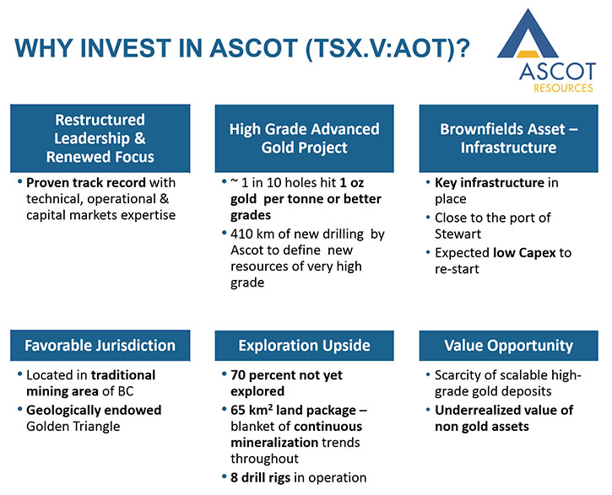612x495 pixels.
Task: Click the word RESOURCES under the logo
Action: pyautogui.click(x=563, y=88)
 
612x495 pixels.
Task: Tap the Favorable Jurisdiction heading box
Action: pyautogui.click(x=100, y=346)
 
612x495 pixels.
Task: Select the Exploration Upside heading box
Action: pyautogui.click(x=304, y=346)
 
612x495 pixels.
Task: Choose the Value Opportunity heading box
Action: pyautogui.click(x=508, y=346)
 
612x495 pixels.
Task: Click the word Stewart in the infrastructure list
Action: pyautogui.click(x=458, y=234)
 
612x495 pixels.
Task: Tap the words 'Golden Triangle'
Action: pyautogui.click(x=73, y=427)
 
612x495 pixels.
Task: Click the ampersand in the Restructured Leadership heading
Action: pyautogui.click(x=139, y=138)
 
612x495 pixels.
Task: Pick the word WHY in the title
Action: pyautogui.click(x=43, y=48)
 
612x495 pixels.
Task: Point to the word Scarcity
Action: pyautogui.click(x=458, y=375)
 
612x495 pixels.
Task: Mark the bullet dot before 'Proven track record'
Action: pyautogui.click(x=20, y=181)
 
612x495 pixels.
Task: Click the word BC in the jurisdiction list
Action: pyautogui.click(x=126, y=391)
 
